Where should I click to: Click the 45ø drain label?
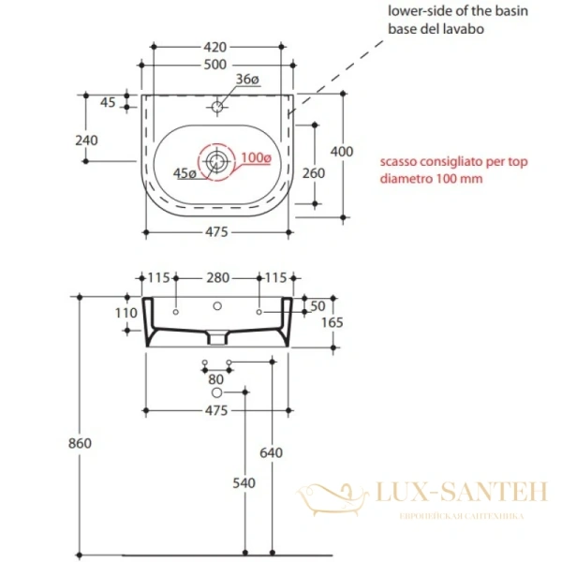[185, 173]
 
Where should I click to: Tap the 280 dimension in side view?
[217, 277]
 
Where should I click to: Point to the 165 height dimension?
[334, 322]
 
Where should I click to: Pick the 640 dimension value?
[271, 453]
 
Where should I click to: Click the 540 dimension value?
[244, 483]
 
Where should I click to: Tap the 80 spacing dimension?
[216, 379]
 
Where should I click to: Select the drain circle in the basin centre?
[216, 161]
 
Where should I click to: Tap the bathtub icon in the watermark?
[335, 495]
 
